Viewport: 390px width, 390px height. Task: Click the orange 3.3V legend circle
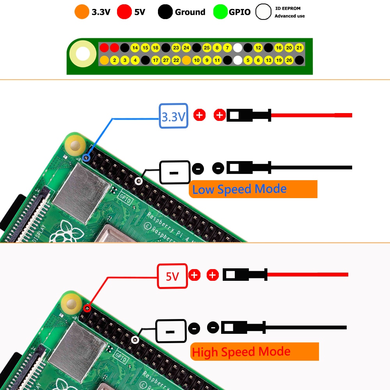pos(82,12)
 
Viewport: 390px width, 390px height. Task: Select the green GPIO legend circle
pos(220,12)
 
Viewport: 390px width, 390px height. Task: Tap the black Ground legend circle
pos(165,12)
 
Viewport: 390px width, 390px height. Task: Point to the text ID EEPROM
pos(288,8)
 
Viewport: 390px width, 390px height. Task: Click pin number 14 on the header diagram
pos(135,48)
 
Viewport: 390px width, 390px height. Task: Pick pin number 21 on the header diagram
pos(299,48)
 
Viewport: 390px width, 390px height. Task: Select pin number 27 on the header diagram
pos(166,60)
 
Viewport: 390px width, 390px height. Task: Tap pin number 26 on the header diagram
pos(289,60)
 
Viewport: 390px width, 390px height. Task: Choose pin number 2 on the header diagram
pos(114,60)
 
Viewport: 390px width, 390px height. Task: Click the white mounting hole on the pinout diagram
pos(83,54)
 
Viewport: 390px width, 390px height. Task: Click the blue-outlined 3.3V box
pos(174,116)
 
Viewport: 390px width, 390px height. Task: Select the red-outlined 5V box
pos(172,277)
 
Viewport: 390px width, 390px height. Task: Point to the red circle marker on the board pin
pos(87,308)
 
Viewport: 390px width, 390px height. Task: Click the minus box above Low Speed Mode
pos(175,172)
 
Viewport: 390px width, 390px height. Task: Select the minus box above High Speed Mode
pos(170,331)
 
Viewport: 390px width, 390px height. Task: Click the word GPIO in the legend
pos(239,12)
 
